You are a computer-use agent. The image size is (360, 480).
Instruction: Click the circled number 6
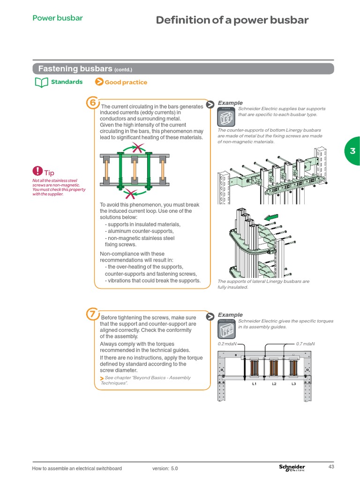[93, 102]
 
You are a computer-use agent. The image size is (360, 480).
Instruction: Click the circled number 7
[93, 314]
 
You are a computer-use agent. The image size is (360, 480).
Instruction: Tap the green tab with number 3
[352, 150]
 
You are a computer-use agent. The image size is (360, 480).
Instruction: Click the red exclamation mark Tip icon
[37, 171]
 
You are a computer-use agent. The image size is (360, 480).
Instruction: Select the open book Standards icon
[42, 82]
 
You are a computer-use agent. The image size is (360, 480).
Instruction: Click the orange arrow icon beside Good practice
[99, 82]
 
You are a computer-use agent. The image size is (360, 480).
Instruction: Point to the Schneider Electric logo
[292, 468]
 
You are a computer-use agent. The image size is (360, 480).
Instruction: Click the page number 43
[331, 466]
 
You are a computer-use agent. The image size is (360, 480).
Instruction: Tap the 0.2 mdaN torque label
[227, 344]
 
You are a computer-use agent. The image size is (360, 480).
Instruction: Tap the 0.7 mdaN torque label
[305, 344]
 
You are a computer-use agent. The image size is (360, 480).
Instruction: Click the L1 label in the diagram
[254, 384]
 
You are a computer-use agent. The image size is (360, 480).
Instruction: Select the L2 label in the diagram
[274, 384]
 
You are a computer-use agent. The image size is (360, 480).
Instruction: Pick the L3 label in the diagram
[294, 384]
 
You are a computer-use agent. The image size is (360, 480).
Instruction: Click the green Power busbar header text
[57, 18]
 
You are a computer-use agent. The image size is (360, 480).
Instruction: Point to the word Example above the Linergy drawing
[230, 103]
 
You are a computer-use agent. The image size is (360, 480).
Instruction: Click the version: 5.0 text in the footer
[165, 468]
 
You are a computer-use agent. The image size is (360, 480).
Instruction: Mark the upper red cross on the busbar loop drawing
[138, 148]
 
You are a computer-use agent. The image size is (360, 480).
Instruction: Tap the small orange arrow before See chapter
[102, 378]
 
